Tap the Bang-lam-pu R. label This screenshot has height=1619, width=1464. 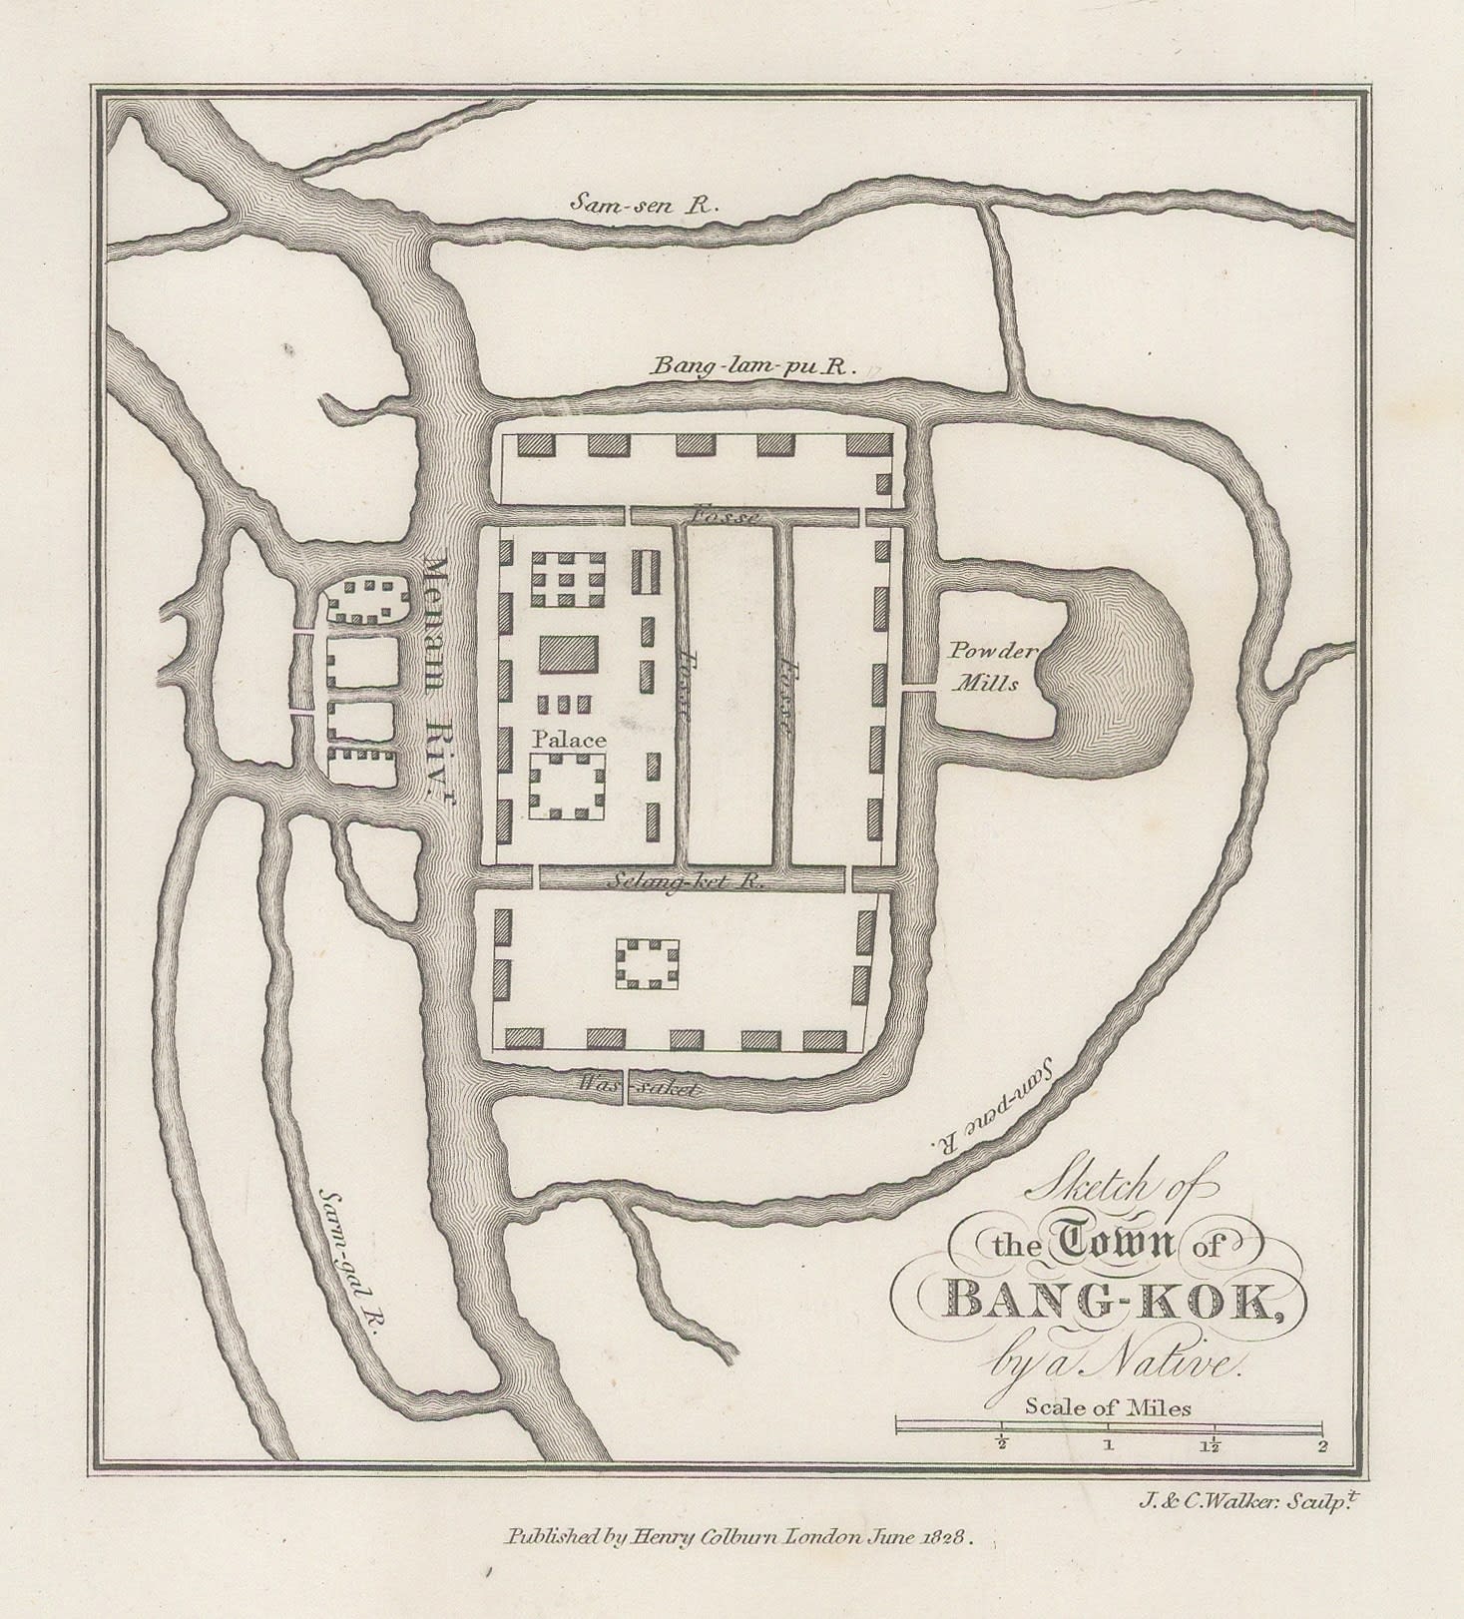pos(753,367)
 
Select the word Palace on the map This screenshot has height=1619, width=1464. pos(569,740)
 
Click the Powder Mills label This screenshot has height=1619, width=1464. pos(982,668)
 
